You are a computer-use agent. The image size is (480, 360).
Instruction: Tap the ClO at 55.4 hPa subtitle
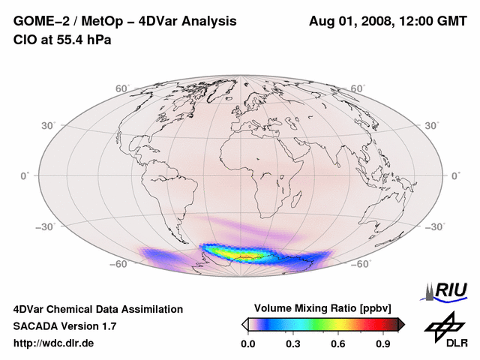(x=62, y=40)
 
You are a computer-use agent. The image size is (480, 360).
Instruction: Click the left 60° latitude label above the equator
(x=122, y=88)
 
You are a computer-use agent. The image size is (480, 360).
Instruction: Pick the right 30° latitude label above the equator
(x=433, y=125)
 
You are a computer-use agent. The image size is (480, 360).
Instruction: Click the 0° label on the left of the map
(x=24, y=175)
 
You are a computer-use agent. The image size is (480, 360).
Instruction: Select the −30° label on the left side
(x=46, y=226)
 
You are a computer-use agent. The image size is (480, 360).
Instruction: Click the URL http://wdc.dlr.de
(x=54, y=343)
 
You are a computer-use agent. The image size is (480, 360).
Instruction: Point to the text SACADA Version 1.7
(x=64, y=326)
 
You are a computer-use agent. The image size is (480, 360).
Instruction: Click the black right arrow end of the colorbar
(x=401, y=324)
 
